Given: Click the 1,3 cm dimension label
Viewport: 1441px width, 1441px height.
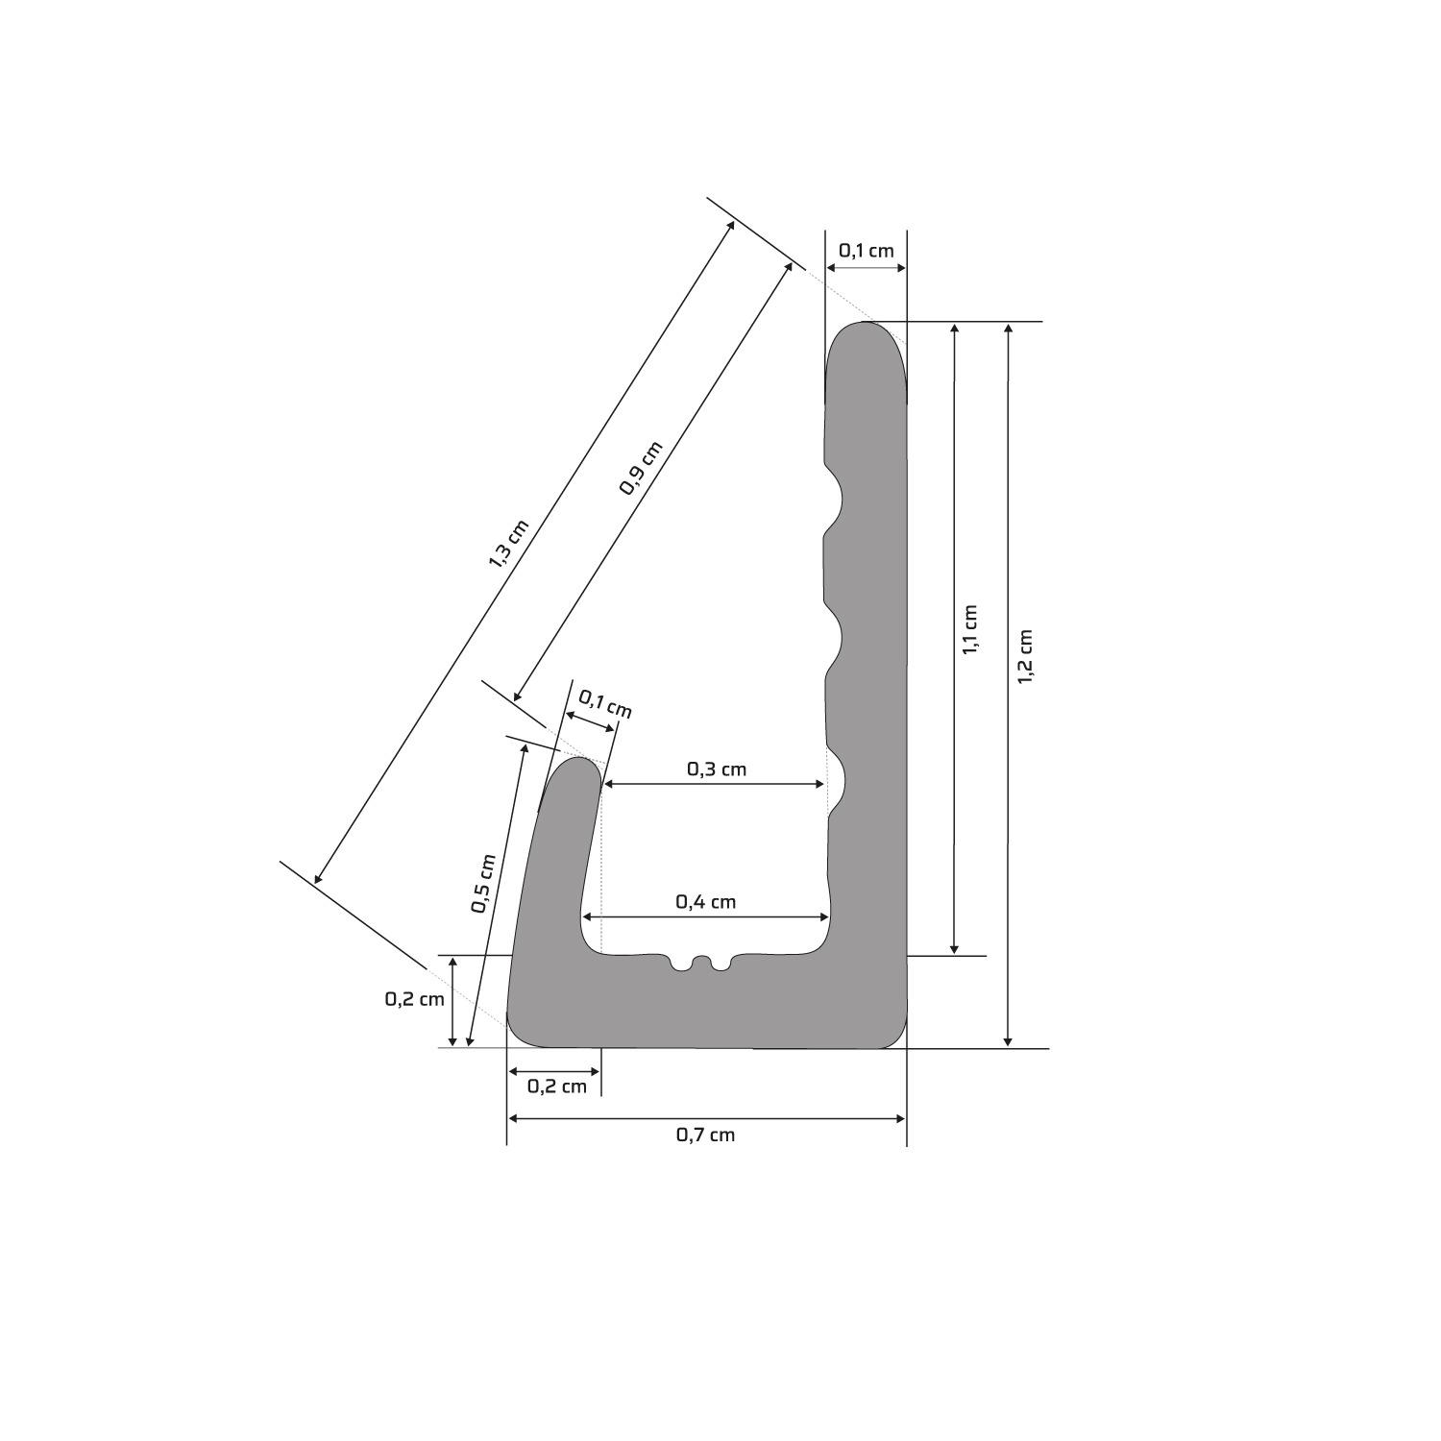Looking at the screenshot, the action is tap(509, 543).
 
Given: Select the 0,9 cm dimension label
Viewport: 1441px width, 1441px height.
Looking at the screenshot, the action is tap(641, 468).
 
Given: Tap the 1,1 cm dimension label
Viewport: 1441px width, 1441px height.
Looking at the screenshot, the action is tap(969, 630).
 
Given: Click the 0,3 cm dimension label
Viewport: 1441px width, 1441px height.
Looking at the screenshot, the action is tap(717, 769).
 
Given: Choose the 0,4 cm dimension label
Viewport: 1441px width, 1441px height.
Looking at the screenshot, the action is tap(706, 901).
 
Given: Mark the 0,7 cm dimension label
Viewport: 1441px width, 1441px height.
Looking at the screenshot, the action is tap(706, 1135).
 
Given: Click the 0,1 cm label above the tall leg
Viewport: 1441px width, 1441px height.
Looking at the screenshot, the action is tap(867, 251).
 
